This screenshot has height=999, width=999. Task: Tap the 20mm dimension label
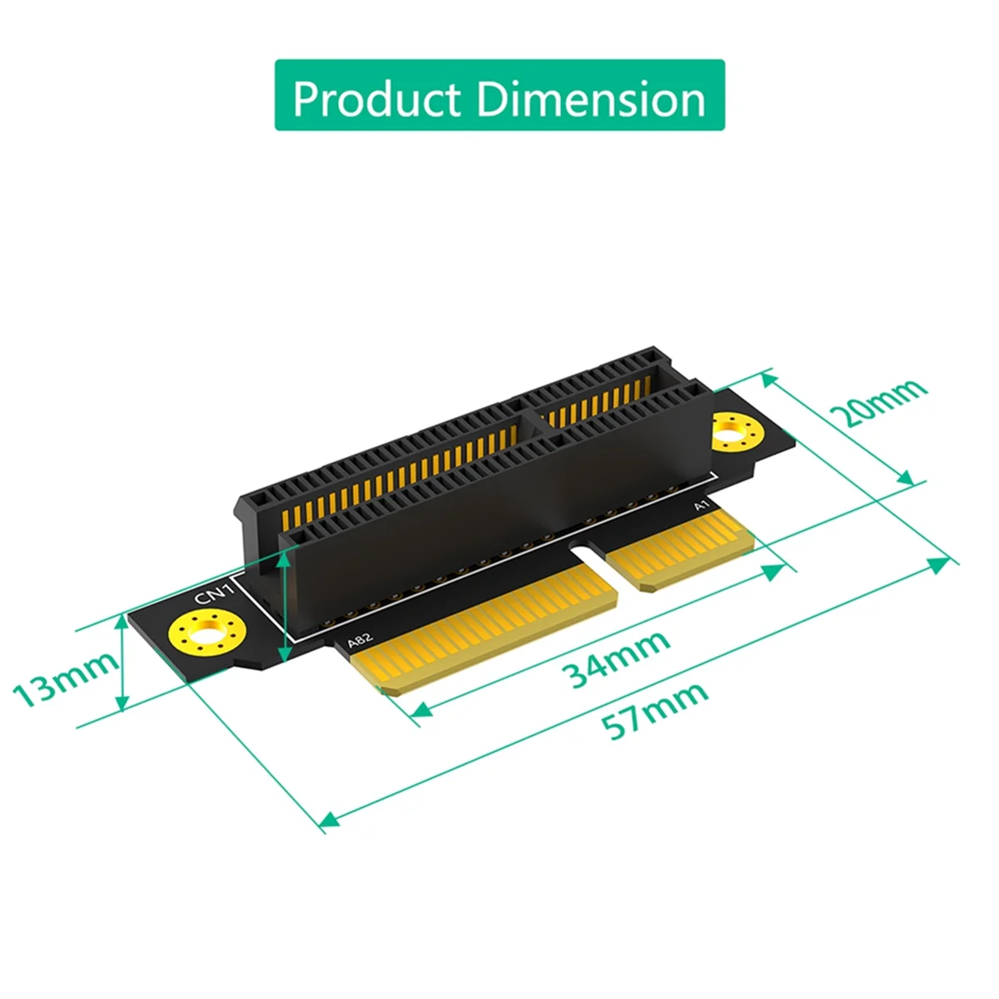click(x=882, y=401)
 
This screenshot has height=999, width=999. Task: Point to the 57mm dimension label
click(x=655, y=710)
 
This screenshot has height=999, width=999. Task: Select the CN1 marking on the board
click(x=206, y=594)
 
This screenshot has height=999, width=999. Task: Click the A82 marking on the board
click(x=360, y=641)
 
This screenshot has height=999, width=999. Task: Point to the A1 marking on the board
click(x=700, y=505)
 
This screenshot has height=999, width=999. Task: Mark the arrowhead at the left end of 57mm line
click(x=330, y=819)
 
